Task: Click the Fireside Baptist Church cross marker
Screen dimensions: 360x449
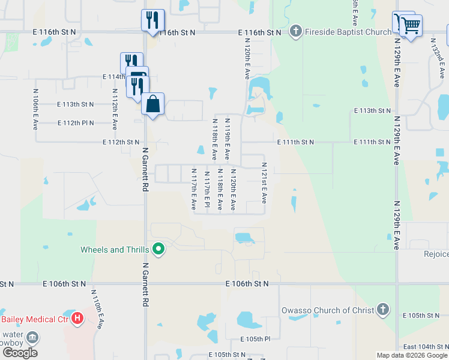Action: point(295,32)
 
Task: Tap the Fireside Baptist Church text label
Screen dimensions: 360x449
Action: point(348,32)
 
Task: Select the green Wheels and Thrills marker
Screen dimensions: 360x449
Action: point(158,249)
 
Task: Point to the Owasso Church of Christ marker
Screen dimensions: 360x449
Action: point(382,310)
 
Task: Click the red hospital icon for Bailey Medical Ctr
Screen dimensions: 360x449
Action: point(77,318)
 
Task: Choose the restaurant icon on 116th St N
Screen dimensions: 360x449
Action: point(153,20)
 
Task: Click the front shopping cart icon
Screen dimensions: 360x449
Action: point(411,25)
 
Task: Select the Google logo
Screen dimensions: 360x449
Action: point(20,352)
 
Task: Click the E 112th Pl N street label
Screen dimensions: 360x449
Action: point(76,123)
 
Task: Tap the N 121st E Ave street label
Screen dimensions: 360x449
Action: point(264,182)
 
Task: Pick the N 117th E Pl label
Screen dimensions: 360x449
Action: point(207,190)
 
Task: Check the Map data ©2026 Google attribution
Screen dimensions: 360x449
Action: point(412,355)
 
